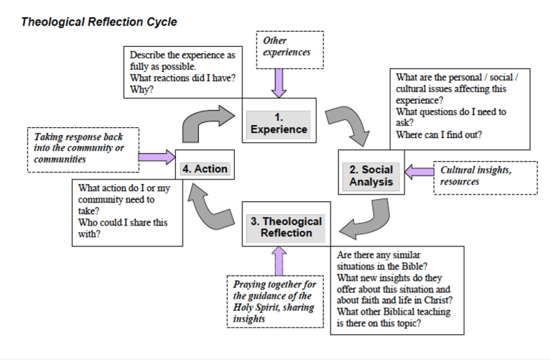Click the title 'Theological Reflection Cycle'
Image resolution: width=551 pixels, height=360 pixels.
(x=99, y=22)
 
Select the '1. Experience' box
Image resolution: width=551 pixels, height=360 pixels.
(x=279, y=123)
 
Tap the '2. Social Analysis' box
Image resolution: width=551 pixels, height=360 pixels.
(x=371, y=176)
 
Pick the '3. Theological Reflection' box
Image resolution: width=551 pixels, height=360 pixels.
(x=286, y=227)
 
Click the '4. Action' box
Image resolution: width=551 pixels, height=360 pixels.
(x=204, y=170)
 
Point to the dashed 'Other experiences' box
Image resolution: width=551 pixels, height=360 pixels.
(x=291, y=47)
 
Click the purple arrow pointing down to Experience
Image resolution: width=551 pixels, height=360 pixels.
(x=279, y=83)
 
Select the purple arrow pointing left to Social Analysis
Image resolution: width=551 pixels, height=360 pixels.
(x=418, y=172)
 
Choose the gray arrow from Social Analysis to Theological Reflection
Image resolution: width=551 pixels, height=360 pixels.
(x=366, y=220)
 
